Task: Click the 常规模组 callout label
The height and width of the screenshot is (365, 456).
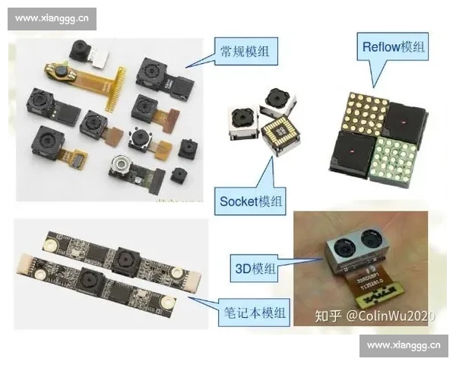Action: pos(246,51)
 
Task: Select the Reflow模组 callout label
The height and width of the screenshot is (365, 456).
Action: pos(393,46)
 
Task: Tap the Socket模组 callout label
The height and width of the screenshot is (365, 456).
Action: pos(250,202)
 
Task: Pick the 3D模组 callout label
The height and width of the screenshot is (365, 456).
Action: pos(254,268)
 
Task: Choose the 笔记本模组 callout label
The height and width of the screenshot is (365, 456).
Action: pos(254,313)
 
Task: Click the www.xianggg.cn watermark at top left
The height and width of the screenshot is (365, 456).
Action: pos(52,19)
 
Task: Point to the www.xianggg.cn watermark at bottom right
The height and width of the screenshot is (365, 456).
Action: pos(404,346)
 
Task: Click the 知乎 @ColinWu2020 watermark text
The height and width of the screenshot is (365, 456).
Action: pos(375,316)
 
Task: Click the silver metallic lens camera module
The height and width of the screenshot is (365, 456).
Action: pos(120,165)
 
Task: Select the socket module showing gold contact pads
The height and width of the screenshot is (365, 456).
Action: pos(280,133)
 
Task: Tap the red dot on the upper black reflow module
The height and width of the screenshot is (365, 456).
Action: pos(404,122)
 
